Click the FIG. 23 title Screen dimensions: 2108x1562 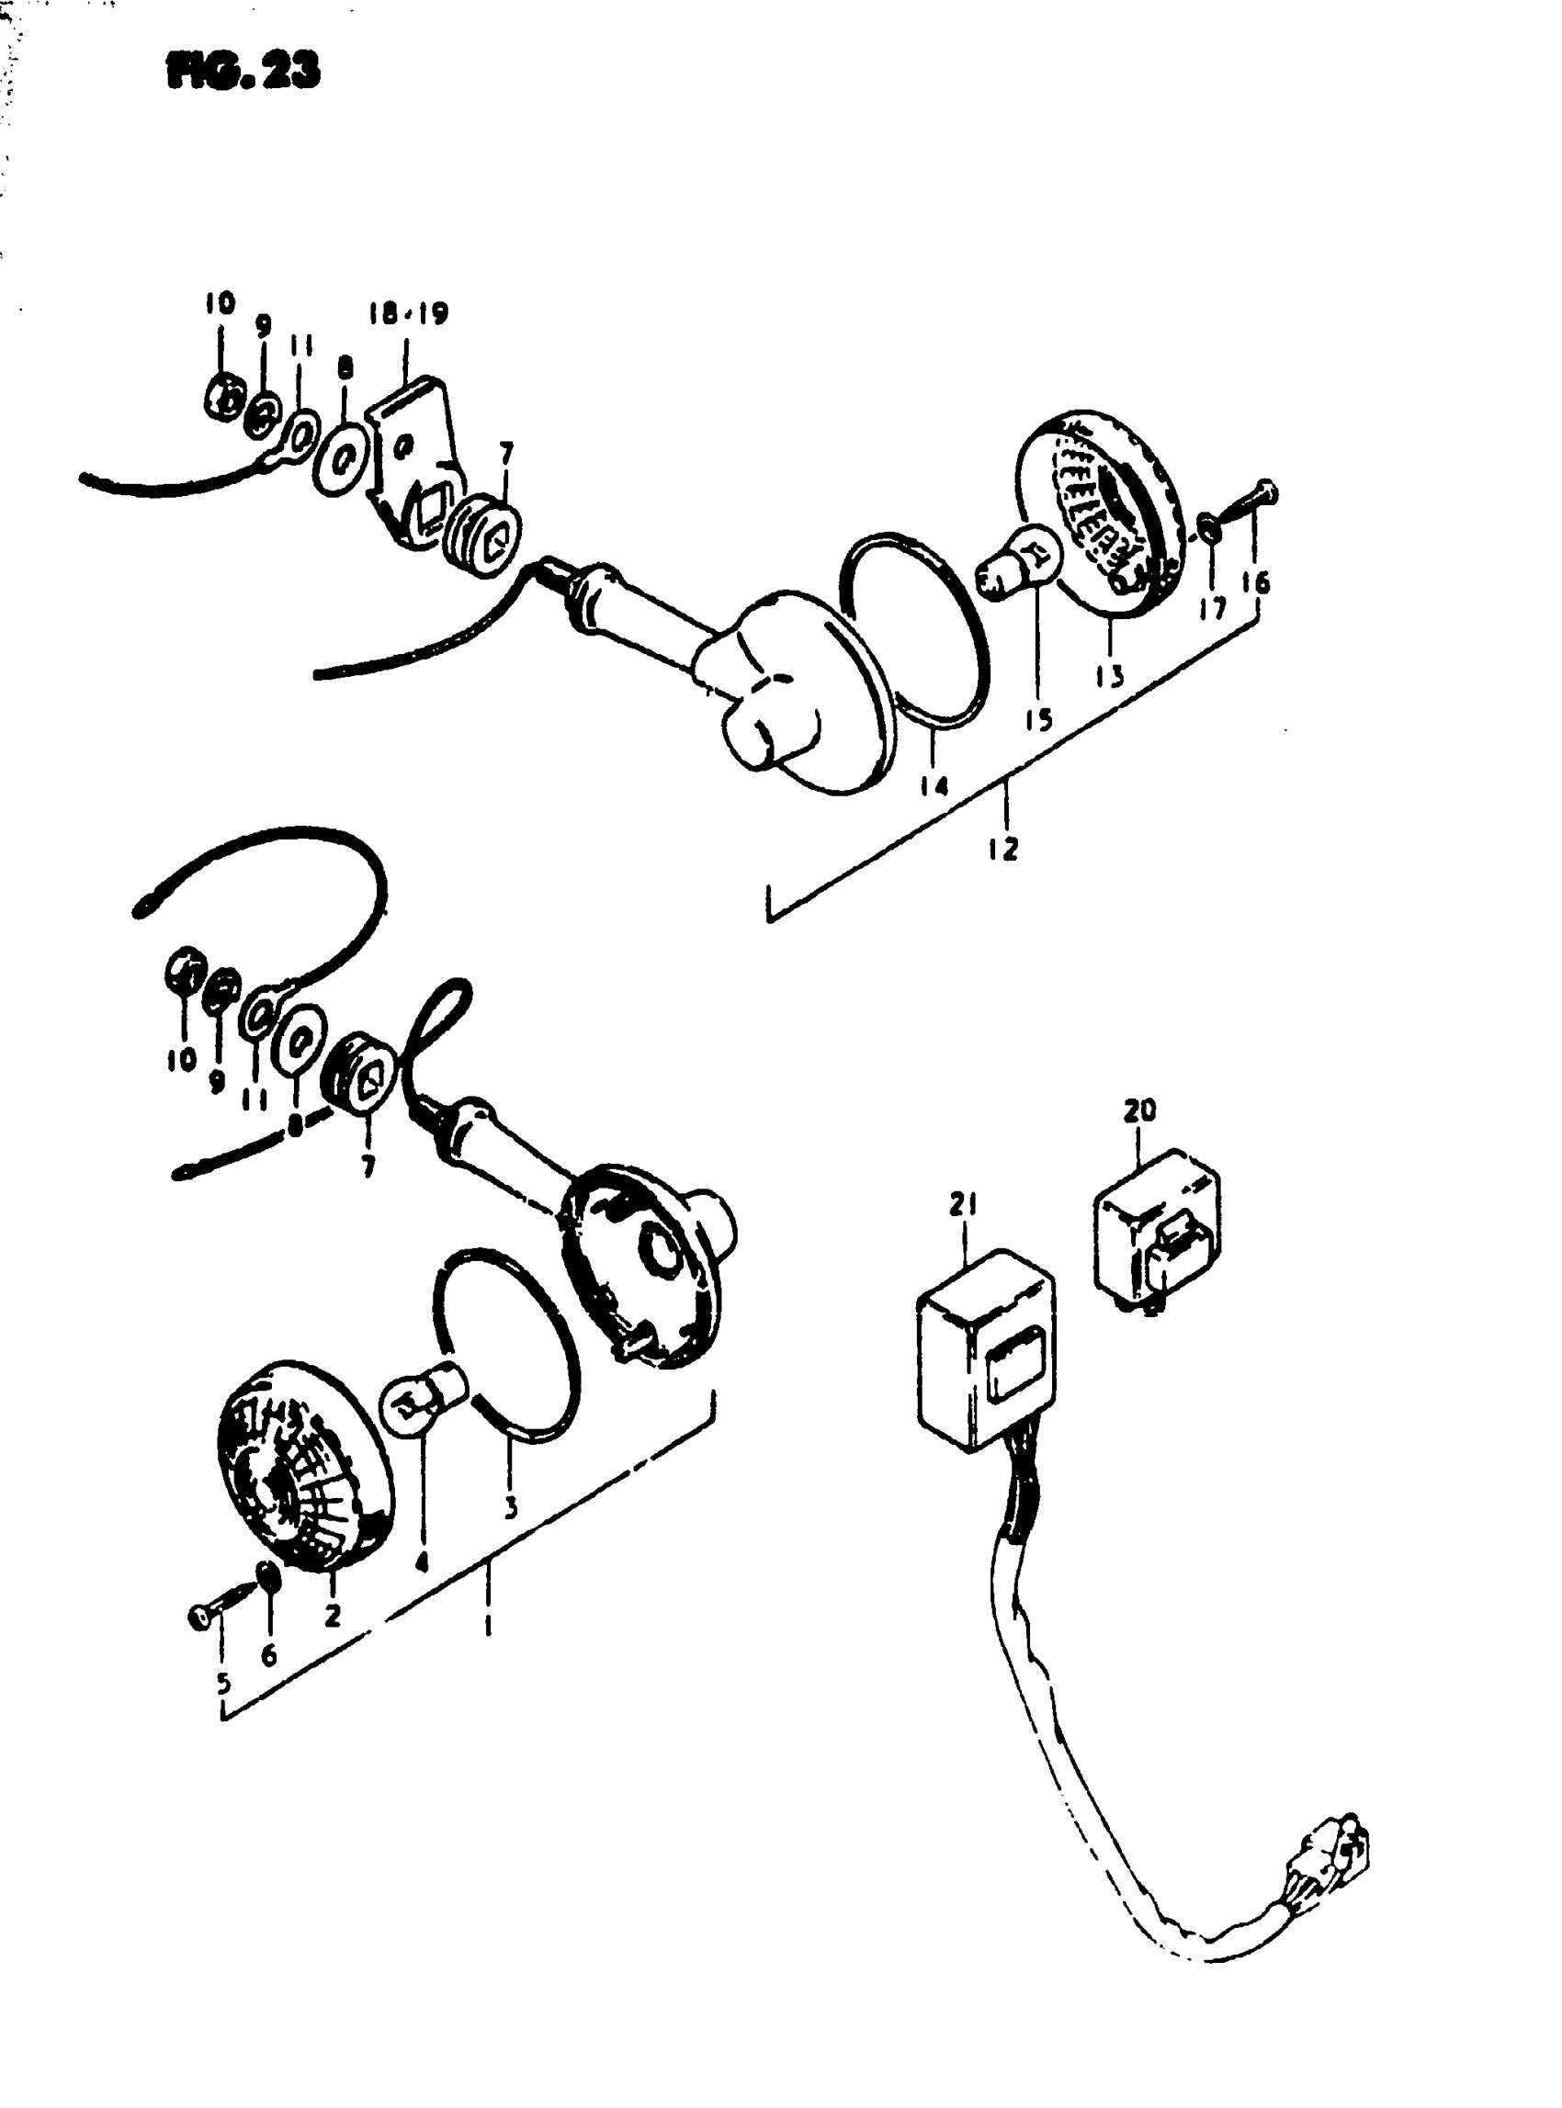[x=243, y=70]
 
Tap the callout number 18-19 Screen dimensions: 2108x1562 [x=409, y=315]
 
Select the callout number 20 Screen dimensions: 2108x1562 [x=1139, y=1110]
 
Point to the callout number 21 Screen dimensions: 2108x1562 [x=964, y=1204]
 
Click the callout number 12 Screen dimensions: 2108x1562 [x=1004, y=849]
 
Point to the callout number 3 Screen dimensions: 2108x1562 [x=511, y=1506]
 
